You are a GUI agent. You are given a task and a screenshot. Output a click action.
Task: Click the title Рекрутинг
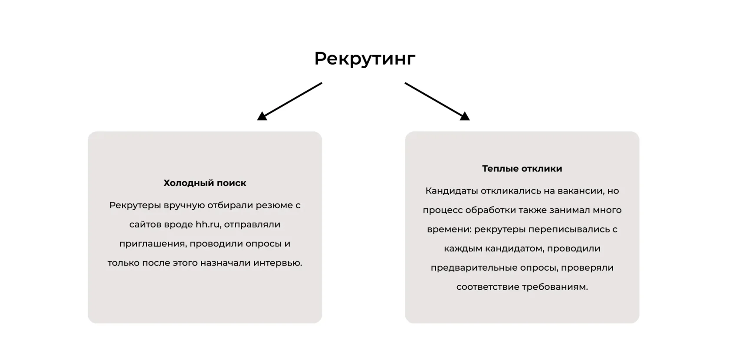point(364,59)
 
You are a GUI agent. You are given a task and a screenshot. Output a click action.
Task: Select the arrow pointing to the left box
point(290,101)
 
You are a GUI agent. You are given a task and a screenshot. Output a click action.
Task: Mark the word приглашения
point(152,243)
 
